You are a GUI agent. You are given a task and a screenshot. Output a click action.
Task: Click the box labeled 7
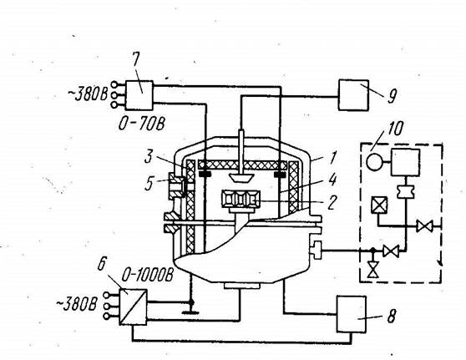pos(139,95)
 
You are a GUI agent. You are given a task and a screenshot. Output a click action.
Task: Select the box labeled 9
pos(353,95)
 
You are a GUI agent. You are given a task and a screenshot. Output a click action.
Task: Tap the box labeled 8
pos(351,314)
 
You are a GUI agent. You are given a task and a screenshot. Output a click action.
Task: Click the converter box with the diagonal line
pos(133,307)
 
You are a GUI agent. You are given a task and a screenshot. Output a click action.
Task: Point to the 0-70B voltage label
pos(142,124)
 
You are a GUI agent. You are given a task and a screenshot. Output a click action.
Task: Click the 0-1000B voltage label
pos(148,276)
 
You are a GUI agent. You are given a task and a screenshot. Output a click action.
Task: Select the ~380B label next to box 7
pos(88,94)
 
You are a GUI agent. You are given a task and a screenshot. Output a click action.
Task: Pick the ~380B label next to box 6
pos(77,305)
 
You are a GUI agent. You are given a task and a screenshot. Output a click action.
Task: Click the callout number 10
pos(395,129)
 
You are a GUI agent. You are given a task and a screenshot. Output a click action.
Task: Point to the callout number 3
pos(149,157)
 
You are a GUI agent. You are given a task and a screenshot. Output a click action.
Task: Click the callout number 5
pos(149,184)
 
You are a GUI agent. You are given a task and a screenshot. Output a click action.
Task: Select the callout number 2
pos(332,202)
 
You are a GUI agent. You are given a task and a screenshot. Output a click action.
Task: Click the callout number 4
pos(332,180)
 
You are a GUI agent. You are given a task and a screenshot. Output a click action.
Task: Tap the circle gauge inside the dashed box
pos(373,162)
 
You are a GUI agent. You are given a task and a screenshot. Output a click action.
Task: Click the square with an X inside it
pos(379,205)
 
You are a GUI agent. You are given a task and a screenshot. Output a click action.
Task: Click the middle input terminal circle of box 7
pos(114,95)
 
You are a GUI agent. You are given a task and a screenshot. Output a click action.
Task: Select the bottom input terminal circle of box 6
pos(106,317)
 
